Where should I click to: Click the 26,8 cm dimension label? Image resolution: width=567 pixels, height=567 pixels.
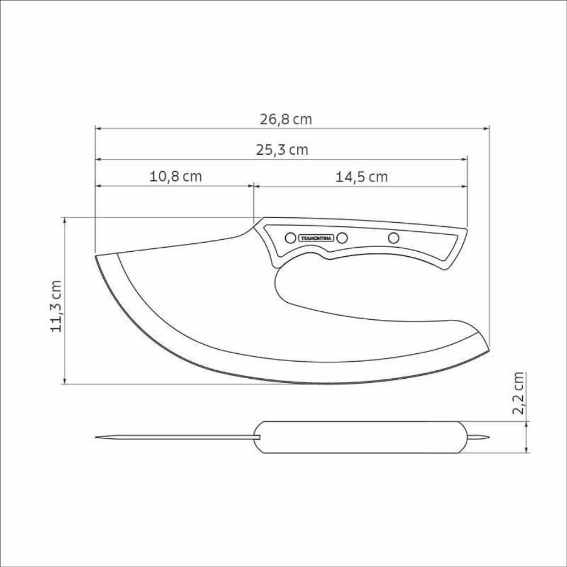pyautogui.click(x=286, y=119)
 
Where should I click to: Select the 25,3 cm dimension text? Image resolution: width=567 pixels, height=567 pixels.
pyautogui.click(x=282, y=149)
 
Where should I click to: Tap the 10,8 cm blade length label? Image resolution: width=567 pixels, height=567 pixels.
pyautogui.click(x=175, y=176)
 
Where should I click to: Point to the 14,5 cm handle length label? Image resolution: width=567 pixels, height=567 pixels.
pyautogui.click(x=362, y=177)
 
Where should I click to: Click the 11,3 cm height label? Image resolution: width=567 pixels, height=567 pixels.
pyautogui.click(x=57, y=306)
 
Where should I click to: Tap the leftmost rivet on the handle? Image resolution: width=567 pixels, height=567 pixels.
pyautogui.click(x=290, y=238)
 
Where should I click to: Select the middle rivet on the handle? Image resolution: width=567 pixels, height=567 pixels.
pyautogui.click(x=342, y=238)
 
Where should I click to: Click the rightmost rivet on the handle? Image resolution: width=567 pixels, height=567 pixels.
pyautogui.click(x=393, y=238)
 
